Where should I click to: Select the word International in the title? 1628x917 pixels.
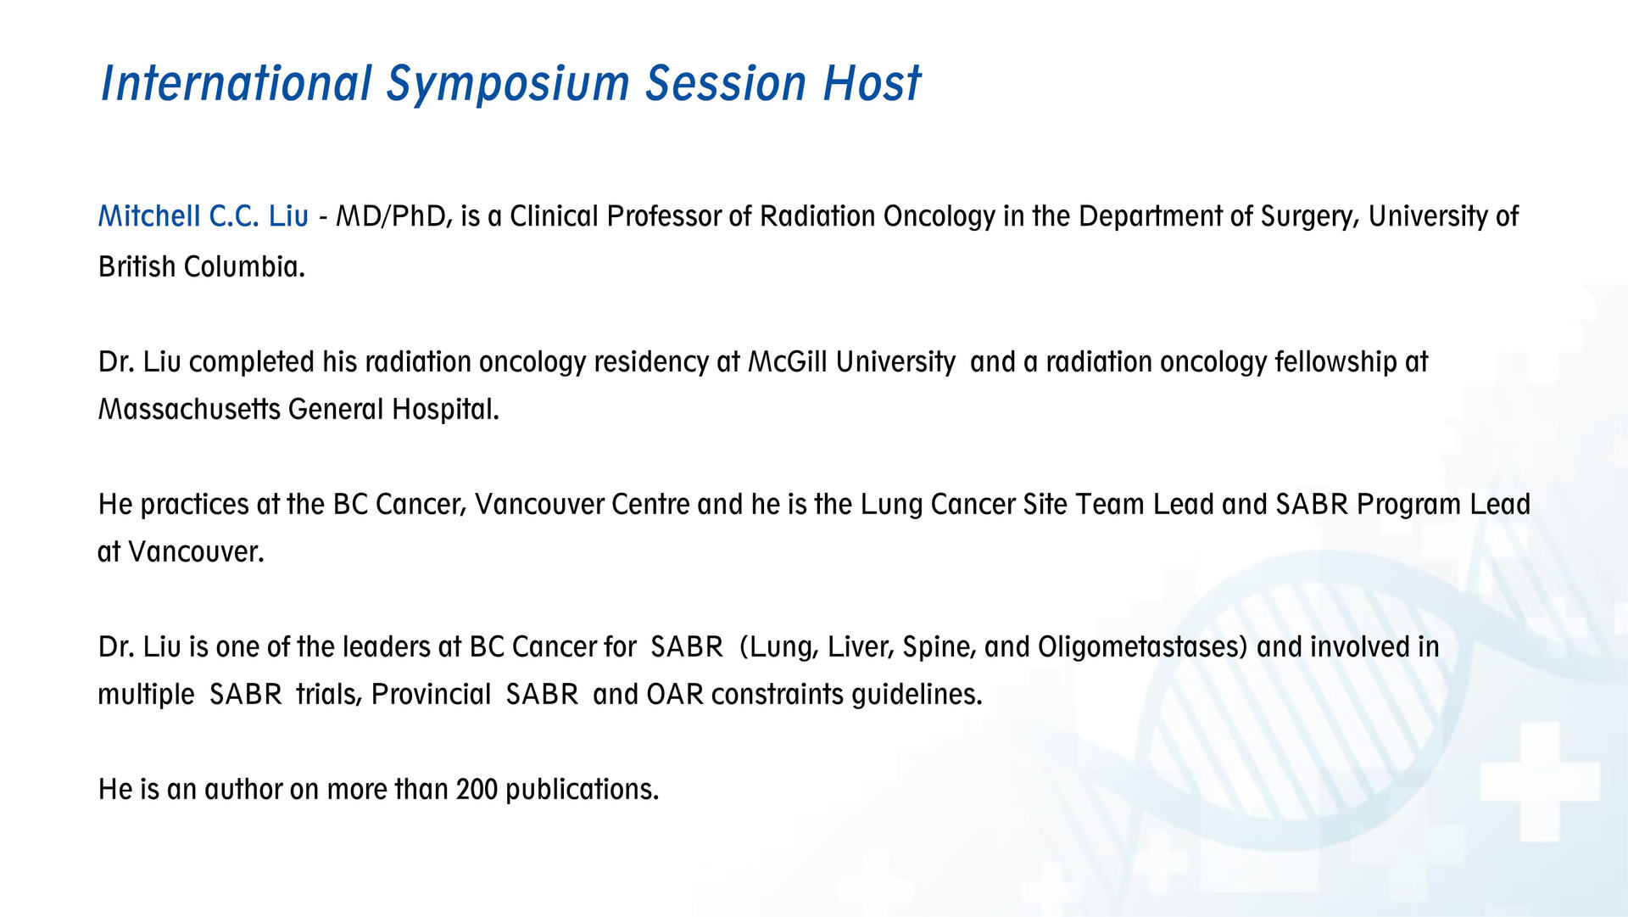click(x=237, y=83)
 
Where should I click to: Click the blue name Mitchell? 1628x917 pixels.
click(x=149, y=216)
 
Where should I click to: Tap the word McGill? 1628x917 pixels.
click(x=788, y=362)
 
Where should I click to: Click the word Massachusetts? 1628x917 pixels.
click(x=189, y=410)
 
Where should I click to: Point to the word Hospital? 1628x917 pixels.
click(x=445, y=411)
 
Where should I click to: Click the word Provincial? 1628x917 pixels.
click(x=432, y=695)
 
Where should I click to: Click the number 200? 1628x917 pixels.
click(x=477, y=790)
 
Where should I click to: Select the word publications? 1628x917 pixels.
click(x=582, y=791)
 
